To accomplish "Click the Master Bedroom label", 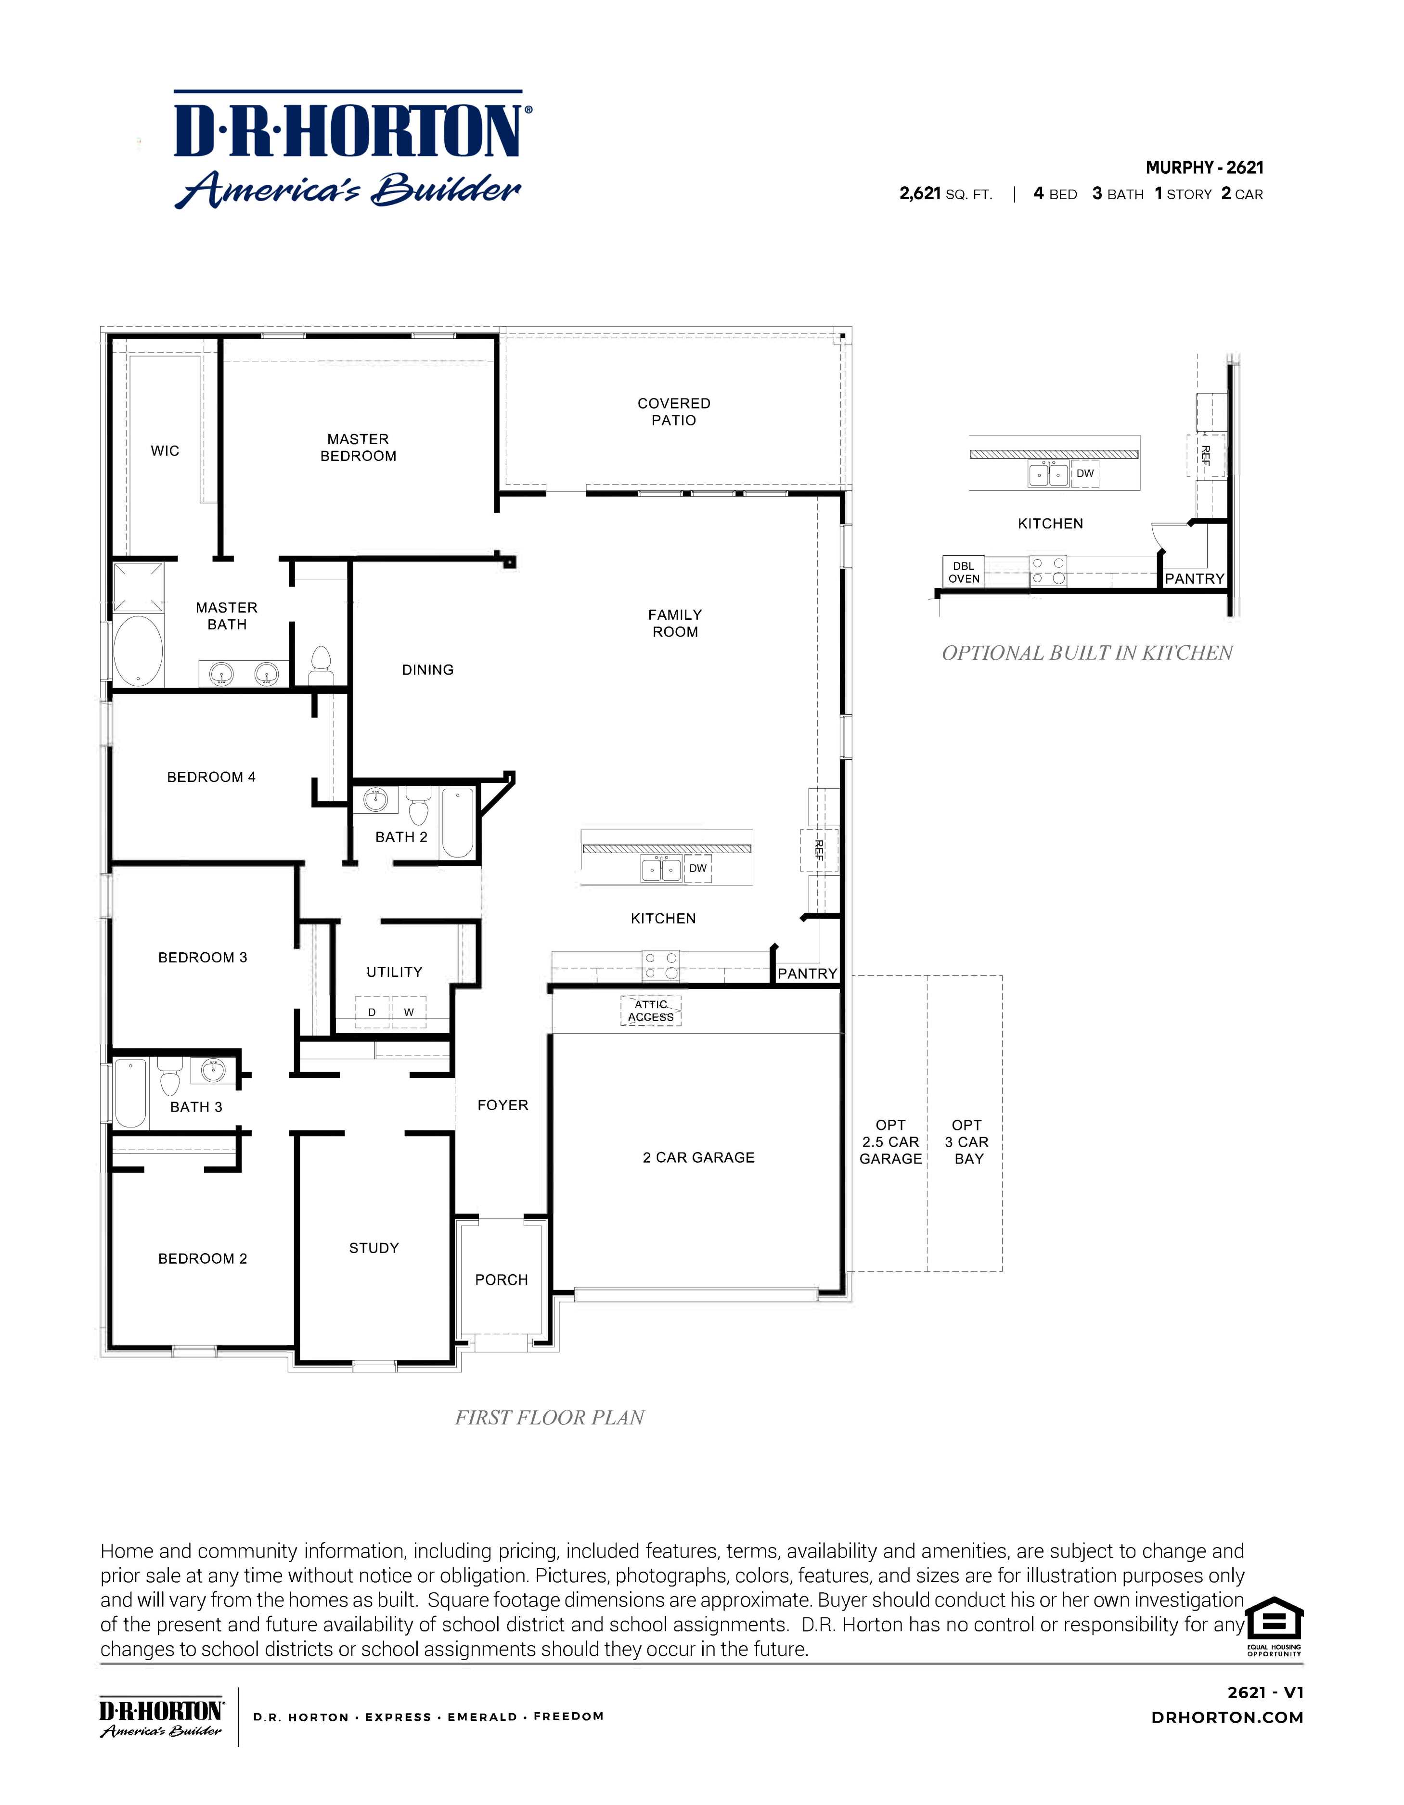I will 358,447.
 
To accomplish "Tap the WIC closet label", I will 165,450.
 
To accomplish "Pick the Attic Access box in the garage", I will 651,1011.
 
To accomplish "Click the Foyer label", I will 502,1105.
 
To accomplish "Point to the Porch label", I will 501,1280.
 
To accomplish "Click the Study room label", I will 374,1248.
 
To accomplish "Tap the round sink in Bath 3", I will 213,1071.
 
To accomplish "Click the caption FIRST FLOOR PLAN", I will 549,1417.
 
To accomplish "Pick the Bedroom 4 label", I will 211,777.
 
